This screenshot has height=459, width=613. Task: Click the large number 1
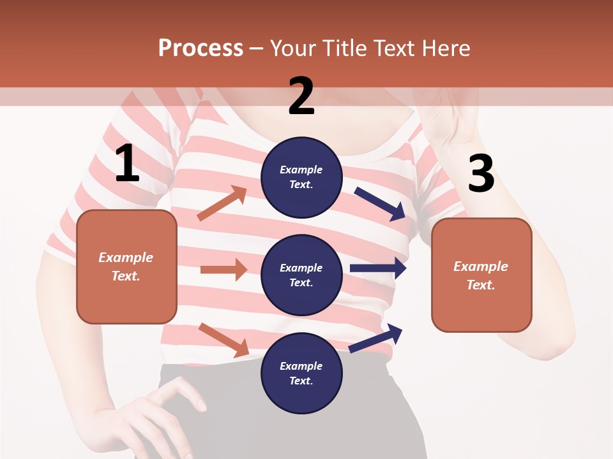(x=127, y=164)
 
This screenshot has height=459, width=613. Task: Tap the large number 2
(x=301, y=96)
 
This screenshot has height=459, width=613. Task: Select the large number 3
(x=481, y=174)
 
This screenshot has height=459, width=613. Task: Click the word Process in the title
(x=201, y=48)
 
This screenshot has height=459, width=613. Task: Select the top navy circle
(x=301, y=177)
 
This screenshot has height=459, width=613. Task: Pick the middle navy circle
(x=301, y=275)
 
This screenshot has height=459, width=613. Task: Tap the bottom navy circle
(x=301, y=374)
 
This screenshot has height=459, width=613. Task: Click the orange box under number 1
(x=126, y=266)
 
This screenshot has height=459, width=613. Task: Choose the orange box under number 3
(x=481, y=275)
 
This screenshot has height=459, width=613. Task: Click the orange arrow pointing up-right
(x=222, y=203)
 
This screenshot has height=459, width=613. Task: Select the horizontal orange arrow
(x=223, y=270)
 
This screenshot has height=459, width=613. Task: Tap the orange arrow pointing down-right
(x=224, y=339)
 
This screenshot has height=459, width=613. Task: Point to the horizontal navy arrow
(x=378, y=268)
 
